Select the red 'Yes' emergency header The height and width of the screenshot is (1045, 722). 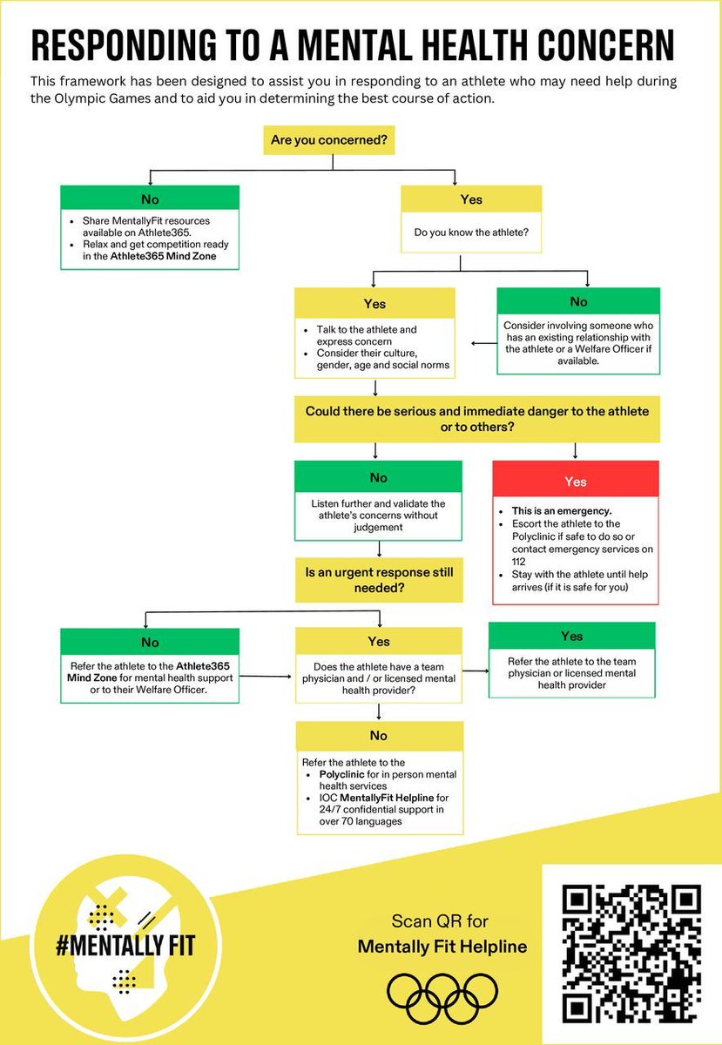pos(575,482)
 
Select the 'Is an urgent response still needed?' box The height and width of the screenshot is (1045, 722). pos(379,579)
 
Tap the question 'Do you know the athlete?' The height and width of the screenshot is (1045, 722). pos(470,233)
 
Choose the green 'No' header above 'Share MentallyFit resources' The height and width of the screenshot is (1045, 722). pos(149,198)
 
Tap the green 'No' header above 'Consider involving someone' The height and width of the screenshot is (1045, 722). pos(577,301)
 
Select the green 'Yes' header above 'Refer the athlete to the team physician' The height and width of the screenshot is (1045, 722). pos(571,636)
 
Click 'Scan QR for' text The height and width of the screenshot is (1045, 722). pos(442,920)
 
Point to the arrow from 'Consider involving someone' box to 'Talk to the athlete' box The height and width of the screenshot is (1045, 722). pos(483,344)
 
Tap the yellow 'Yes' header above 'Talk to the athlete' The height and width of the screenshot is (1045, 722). pos(374,304)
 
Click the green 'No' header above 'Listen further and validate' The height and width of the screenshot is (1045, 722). pos(379,477)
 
